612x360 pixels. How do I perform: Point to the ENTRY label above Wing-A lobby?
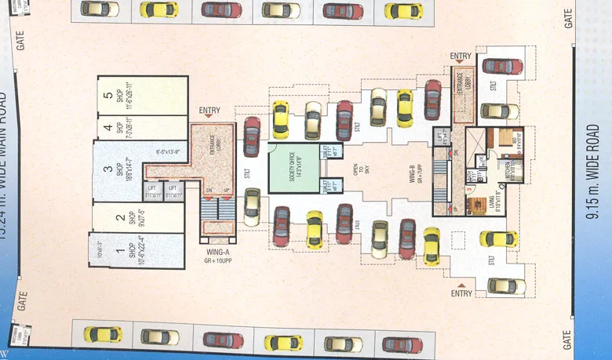click(210, 111)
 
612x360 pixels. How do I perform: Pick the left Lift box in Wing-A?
click(153, 190)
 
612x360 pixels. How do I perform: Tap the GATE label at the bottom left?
click(21, 302)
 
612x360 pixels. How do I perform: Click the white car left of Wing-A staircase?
click(252, 206)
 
